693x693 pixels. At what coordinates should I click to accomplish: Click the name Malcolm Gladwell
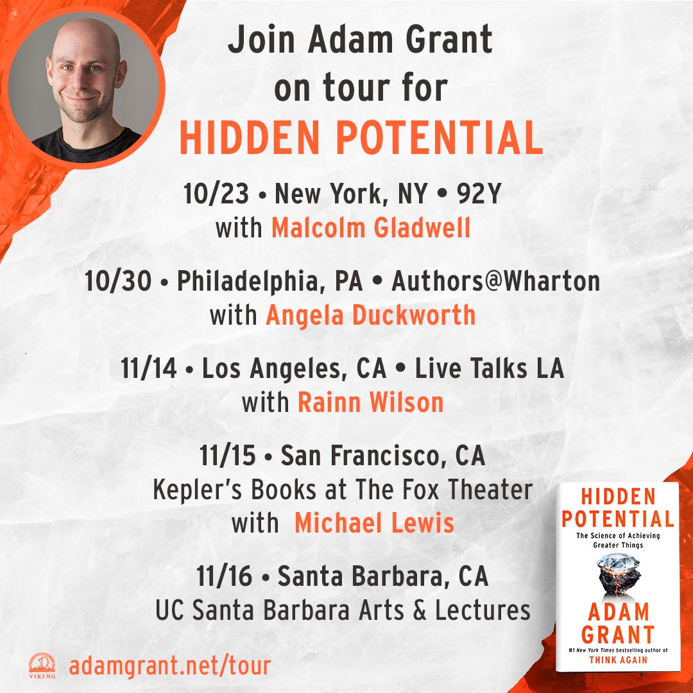(x=371, y=228)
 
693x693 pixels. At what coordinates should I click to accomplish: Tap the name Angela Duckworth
(x=370, y=316)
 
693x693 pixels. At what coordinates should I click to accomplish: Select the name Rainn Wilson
(x=370, y=403)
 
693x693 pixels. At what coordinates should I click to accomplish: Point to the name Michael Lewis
(x=374, y=523)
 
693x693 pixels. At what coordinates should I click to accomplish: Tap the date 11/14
(x=148, y=369)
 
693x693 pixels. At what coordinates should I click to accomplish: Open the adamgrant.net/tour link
(x=169, y=665)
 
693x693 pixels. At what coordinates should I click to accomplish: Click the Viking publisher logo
(x=42, y=665)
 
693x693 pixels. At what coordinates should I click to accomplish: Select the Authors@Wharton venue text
(x=495, y=282)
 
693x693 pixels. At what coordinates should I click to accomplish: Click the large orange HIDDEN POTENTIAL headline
(x=361, y=137)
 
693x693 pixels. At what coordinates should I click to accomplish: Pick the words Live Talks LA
(x=489, y=369)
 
